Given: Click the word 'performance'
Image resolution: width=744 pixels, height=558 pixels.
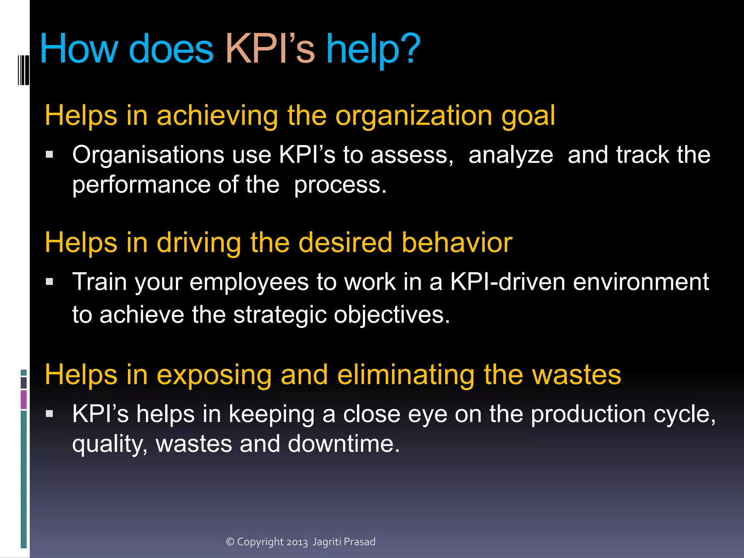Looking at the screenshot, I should pos(141,185).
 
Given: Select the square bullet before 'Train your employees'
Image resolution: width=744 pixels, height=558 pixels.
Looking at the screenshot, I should pos(50,282).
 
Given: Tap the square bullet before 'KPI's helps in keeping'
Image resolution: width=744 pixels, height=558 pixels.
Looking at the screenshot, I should pos(50,414).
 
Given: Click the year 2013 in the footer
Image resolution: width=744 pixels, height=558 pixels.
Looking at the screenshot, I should pos(297,542).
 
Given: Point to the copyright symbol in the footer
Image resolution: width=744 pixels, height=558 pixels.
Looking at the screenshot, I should pos(230,542).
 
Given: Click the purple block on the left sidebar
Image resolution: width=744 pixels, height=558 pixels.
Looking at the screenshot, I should pos(24,399).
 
